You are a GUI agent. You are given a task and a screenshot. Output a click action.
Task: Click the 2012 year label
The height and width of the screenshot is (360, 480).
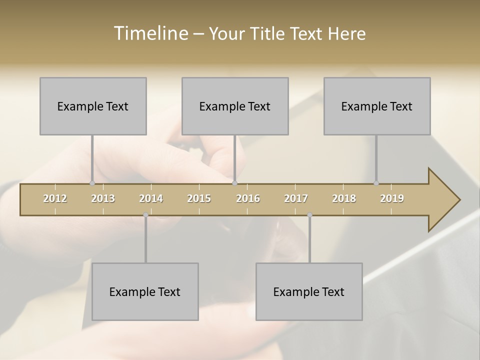[x=55, y=198]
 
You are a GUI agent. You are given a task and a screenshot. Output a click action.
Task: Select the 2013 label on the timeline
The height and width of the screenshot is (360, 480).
[x=103, y=198]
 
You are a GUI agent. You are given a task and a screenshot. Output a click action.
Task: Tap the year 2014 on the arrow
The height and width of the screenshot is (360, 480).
[x=151, y=198]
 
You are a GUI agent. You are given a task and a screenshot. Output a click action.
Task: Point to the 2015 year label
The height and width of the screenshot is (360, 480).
[x=199, y=198]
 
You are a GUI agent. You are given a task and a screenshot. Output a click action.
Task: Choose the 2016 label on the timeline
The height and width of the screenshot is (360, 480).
[x=248, y=198]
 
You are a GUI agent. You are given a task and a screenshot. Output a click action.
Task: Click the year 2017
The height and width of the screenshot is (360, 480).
[x=296, y=198]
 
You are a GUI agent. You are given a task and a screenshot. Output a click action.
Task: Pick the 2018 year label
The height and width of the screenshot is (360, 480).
[x=344, y=198]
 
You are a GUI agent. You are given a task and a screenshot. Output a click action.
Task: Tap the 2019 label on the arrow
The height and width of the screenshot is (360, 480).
[x=392, y=198]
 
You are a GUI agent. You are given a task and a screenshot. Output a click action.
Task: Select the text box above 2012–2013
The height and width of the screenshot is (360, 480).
[x=93, y=106]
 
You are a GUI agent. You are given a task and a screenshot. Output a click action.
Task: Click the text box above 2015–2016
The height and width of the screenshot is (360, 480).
[x=235, y=106]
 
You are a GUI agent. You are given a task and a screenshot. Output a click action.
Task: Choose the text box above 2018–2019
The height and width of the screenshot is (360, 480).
[x=377, y=106]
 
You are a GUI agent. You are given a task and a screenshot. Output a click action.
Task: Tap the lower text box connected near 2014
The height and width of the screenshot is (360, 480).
[x=145, y=291]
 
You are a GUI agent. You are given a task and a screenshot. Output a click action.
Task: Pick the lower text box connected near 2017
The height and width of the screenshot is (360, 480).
[x=309, y=291]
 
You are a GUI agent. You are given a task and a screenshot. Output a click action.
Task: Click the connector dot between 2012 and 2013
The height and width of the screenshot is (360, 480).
[x=92, y=183]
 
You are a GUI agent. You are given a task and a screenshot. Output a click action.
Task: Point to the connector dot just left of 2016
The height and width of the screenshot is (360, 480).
[x=235, y=183]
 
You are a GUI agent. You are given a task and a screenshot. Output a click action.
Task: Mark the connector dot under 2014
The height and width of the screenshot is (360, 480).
[x=145, y=215]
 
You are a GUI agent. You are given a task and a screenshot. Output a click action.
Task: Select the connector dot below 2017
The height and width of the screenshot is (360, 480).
[x=309, y=215]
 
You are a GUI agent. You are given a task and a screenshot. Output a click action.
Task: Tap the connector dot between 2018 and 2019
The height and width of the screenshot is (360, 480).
[x=376, y=183]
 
